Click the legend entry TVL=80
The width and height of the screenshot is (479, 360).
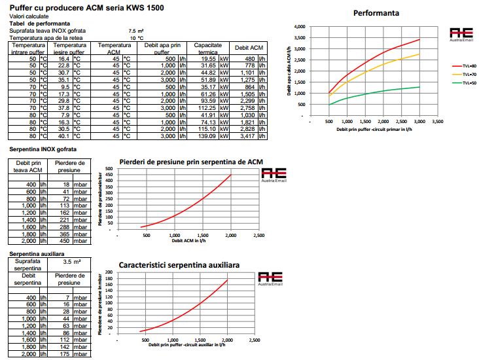click(461, 66)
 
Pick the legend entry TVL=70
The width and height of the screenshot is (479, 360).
click(461, 75)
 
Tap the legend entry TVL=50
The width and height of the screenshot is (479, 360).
click(461, 83)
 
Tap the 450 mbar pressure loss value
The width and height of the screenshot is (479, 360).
click(67, 240)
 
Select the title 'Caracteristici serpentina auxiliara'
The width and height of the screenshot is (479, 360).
click(179, 265)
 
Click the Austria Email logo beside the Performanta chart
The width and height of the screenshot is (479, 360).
click(461, 35)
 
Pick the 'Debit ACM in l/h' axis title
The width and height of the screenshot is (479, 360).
click(189, 241)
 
